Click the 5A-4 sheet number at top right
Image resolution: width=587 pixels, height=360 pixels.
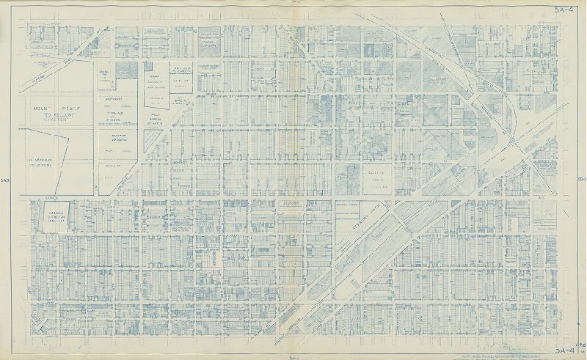(565, 10)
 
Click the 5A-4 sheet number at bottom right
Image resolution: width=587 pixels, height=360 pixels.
(565, 350)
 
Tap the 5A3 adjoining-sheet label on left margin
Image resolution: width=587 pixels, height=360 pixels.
(5, 180)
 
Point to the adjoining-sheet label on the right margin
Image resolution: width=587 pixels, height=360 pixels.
(580, 180)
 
